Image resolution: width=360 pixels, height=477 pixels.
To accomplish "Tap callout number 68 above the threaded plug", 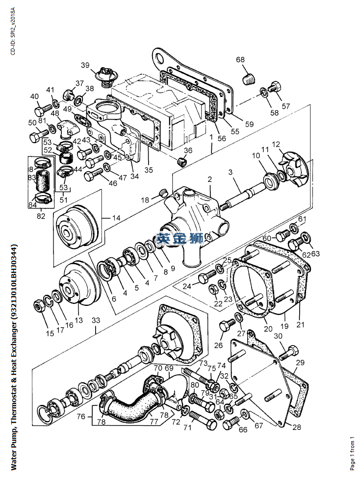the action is click(240, 60).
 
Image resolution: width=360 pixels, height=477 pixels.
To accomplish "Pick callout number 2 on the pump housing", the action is click(209, 179).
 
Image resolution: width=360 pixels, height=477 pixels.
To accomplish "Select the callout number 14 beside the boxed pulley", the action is click(116, 218).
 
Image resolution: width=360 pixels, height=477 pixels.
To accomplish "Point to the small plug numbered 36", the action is click(182, 161).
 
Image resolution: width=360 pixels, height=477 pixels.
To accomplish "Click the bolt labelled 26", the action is click(227, 326).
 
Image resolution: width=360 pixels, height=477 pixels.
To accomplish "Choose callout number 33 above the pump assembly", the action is click(96, 320).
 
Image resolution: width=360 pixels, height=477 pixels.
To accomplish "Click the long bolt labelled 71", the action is click(203, 419).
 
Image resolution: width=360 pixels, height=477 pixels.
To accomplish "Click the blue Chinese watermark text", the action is click(180, 239).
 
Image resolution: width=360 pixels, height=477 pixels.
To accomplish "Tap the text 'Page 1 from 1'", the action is click(352, 453).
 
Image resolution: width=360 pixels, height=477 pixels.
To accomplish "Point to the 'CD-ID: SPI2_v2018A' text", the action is click(12, 31).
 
